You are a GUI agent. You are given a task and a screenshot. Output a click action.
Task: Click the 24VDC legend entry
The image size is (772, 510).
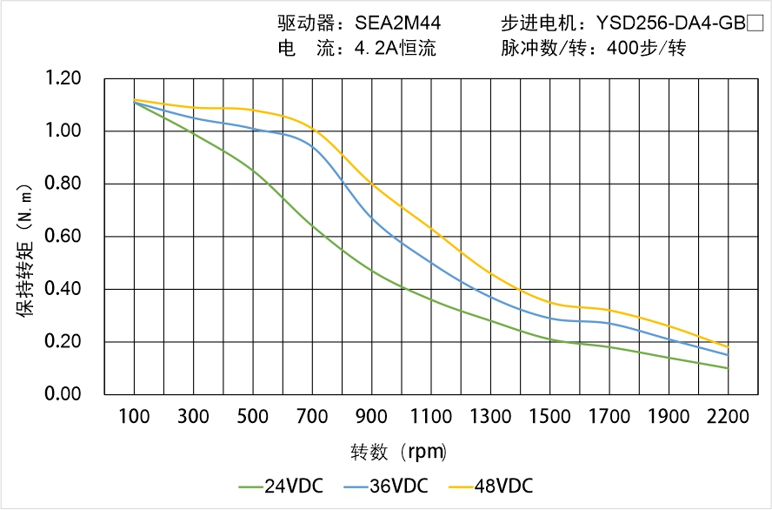coord(280,486)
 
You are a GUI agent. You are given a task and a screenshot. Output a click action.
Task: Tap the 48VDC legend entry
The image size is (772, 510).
coord(489,486)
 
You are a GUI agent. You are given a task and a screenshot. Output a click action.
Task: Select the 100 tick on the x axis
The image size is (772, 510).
coord(134,417)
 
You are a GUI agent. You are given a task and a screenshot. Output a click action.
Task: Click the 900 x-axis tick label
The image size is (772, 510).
coord(372,417)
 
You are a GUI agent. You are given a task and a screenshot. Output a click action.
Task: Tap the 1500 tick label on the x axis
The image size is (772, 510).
coord(549,417)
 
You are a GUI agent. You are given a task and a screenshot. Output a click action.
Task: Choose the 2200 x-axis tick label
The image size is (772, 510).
coord(728,417)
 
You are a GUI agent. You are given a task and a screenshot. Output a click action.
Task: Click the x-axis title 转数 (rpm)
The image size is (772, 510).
coord(399,453)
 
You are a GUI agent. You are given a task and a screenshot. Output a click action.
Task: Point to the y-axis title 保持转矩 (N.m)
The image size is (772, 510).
coord(25,248)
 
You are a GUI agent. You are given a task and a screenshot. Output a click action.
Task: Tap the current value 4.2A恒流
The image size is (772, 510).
coord(395,49)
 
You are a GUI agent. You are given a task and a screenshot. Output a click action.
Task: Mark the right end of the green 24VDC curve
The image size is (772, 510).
coord(728,368)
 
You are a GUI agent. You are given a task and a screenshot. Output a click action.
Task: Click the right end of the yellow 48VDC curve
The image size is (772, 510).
coord(728,347)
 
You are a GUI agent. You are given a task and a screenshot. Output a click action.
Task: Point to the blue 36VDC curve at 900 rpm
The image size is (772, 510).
coord(372,217)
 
